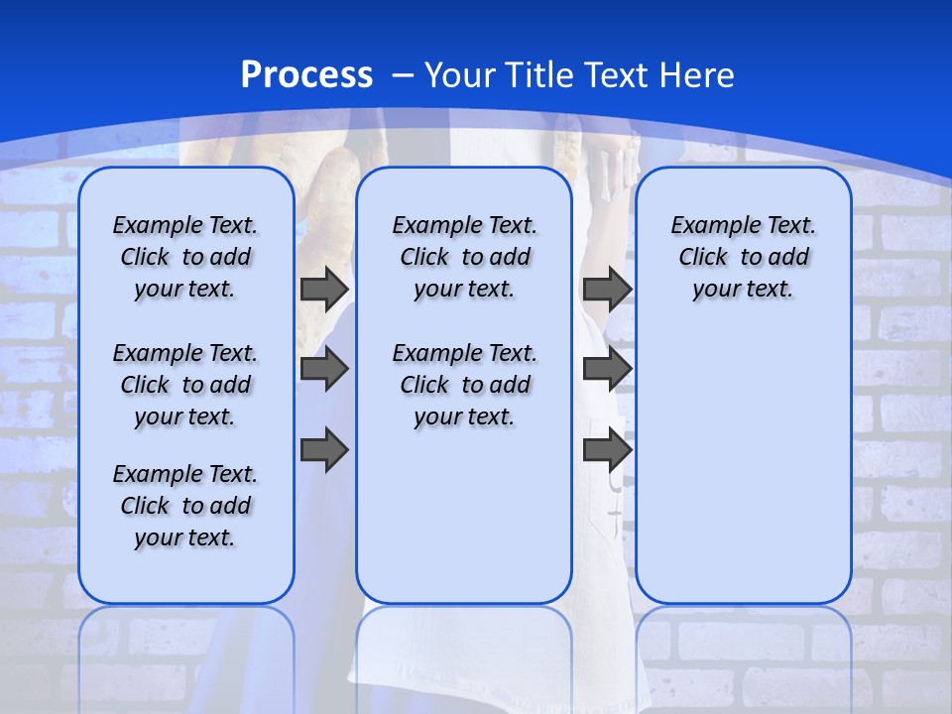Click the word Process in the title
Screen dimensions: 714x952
[306, 74]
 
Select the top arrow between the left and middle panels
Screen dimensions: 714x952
[324, 289]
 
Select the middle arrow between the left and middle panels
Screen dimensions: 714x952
[324, 369]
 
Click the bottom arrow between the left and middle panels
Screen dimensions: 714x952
[324, 449]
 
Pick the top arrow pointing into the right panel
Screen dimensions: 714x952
[607, 289]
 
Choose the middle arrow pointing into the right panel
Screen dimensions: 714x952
[607, 369]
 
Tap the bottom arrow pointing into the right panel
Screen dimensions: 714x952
[607, 449]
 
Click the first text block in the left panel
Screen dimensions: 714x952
[185, 257]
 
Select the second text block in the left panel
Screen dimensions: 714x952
[185, 385]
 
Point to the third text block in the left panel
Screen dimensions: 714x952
[185, 506]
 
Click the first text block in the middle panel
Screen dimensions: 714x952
[464, 257]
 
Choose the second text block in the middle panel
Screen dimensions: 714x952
[464, 385]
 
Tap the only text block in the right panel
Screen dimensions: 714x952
[744, 257]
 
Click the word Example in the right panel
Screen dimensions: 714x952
[707, 226]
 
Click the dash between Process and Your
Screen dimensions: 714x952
[403, 75]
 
